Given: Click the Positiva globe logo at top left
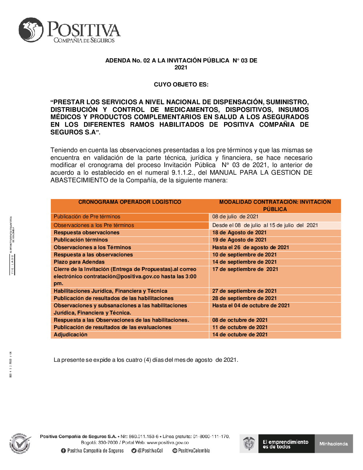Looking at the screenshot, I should coord(31,30).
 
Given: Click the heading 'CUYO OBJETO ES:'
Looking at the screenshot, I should coord(181,85).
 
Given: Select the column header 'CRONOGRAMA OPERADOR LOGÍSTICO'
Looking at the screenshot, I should coord(130,202).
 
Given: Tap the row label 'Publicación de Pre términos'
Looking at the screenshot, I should coord(87,216).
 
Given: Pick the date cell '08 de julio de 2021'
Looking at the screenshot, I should coord(235,216).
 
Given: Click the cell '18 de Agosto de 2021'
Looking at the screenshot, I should coord(239,232).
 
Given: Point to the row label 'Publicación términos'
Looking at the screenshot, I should coord(81,240).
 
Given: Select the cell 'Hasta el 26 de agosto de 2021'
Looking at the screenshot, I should coord(250,247).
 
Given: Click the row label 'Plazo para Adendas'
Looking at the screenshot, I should coord(79,262).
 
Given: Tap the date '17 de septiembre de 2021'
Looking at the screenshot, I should coord(245,269).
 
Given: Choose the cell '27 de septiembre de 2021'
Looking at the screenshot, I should coord(244,291).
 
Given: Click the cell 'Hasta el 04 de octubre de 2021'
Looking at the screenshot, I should coord(251,305).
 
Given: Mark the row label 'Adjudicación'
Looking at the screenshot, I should coord(70,335).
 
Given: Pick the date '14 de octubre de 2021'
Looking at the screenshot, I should coord(240,335).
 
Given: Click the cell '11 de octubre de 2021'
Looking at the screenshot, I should coord(240,327).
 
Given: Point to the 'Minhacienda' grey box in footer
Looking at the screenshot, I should coord(334,443).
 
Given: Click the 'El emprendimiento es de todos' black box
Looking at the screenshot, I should coord(286,444).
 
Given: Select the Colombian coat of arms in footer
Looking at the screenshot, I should coord(249,443).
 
